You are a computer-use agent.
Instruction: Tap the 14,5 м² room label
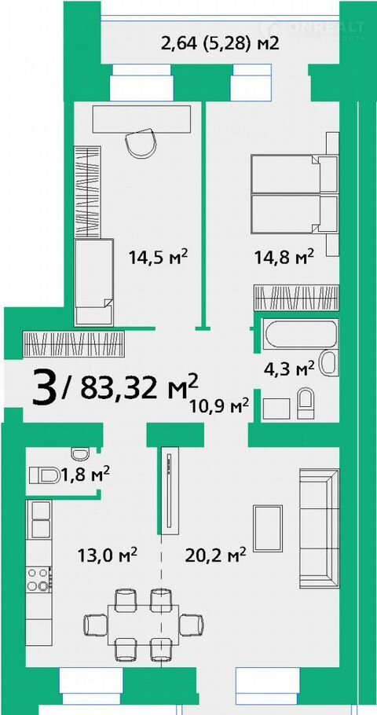[158, 258]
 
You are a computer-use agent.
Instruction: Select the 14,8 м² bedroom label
[284, 257]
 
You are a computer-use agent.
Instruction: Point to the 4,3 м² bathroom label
[290, 368]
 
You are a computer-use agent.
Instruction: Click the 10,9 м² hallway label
[220, 405]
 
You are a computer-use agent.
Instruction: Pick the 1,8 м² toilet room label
[86, 475]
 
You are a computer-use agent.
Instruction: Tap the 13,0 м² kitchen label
[107, 555]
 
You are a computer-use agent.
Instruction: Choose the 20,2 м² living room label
[216, 555]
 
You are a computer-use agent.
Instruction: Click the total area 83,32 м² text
[139, 387]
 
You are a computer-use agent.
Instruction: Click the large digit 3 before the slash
[45, 388]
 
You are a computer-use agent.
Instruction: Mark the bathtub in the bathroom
[301, 334]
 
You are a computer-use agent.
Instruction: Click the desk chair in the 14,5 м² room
[142, 142]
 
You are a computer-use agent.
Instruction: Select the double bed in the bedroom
[295, 195]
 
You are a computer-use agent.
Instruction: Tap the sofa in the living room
[319, 528]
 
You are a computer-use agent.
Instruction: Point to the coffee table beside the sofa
[268, 528]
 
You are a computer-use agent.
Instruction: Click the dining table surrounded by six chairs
[143, 625]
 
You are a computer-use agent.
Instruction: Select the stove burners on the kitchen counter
[38, 578]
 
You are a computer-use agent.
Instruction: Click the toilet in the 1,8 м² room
[45, 475]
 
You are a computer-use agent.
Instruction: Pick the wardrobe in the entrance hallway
[73, 344]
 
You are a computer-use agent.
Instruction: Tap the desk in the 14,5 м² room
[142, 119]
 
